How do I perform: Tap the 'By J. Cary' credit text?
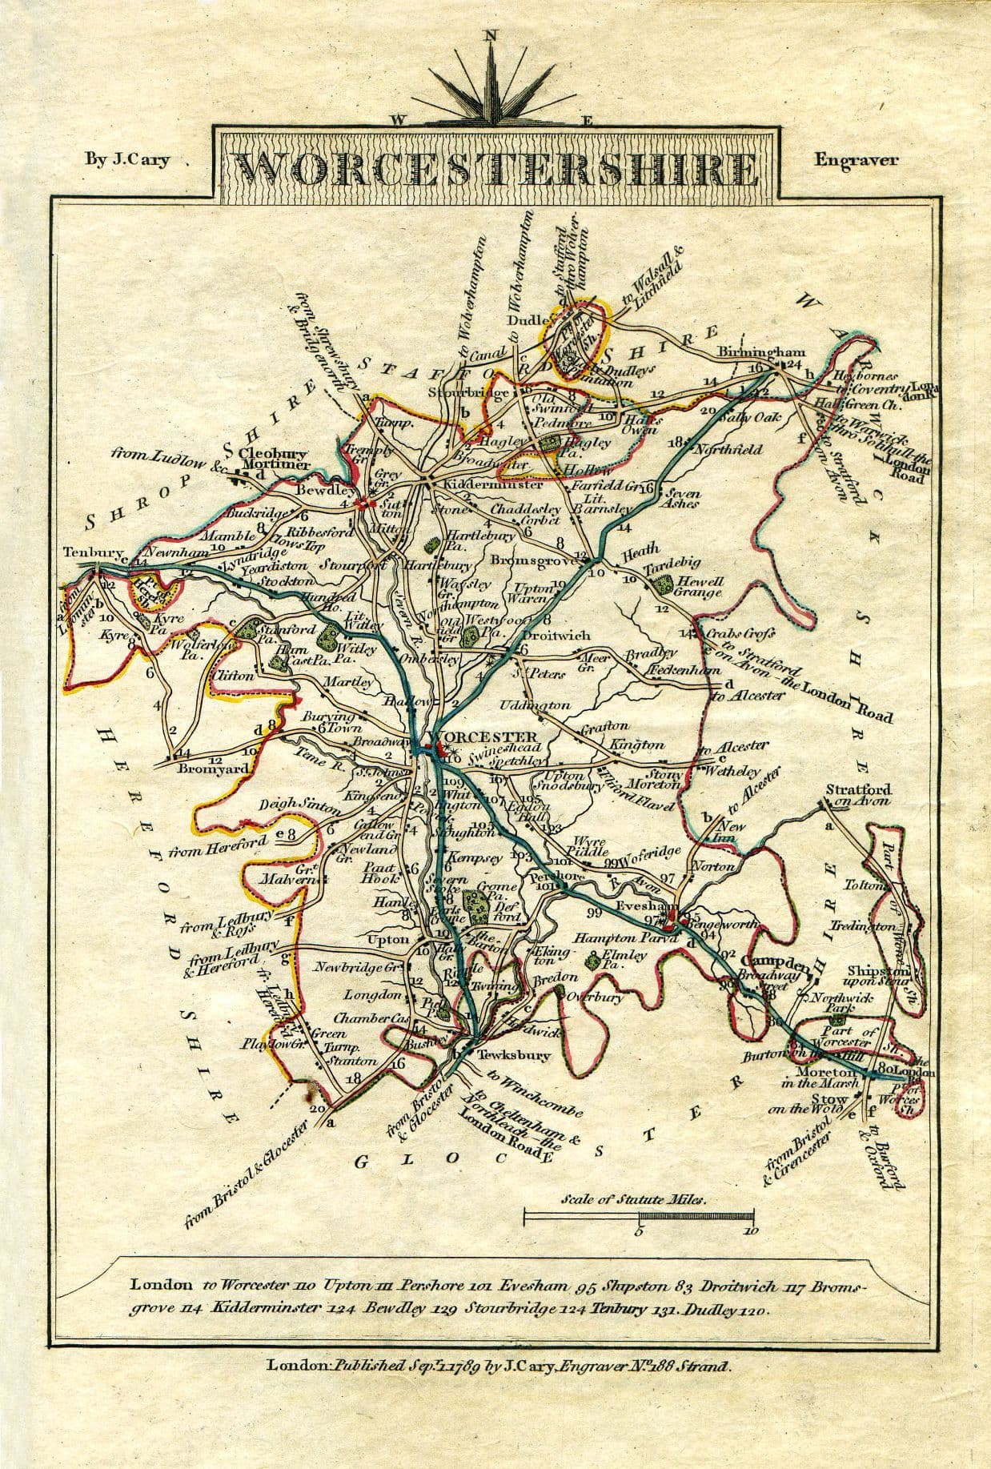(x=127, y=159)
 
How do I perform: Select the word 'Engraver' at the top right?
(x=856, y=159)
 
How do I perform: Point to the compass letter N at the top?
(x=490, y=35)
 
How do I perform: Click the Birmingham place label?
(x=760, y=352)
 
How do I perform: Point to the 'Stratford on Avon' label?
(x=858, y=796)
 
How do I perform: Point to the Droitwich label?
(x=556, y=636)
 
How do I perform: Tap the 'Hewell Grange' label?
(x=700, y=587)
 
